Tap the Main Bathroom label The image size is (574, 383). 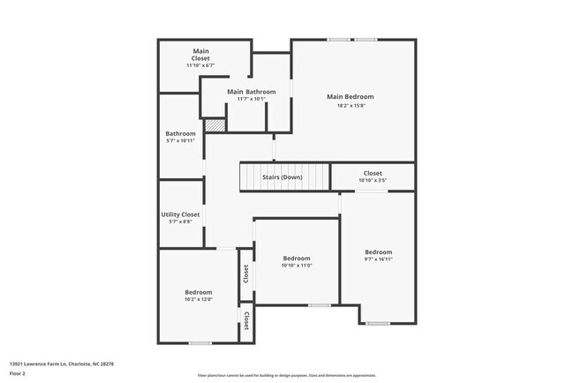251,92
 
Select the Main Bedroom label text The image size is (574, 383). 350,97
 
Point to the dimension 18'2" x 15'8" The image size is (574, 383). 350,105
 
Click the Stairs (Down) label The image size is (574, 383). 283,177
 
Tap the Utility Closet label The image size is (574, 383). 180,214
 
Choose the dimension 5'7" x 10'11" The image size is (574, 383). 180,141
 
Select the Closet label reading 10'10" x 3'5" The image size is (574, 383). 372,173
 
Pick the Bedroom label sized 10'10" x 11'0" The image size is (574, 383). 297,259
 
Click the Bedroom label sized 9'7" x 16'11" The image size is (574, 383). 378,252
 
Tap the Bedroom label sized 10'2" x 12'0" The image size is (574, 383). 198,292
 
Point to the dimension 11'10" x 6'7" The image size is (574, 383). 201,65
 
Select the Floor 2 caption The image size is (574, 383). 19,374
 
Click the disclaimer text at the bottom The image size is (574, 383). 287,375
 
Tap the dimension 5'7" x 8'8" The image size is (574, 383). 180,222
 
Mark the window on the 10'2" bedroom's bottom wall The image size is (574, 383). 200,342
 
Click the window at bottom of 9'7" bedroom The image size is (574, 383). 378,323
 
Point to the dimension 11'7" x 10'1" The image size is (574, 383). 251,99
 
